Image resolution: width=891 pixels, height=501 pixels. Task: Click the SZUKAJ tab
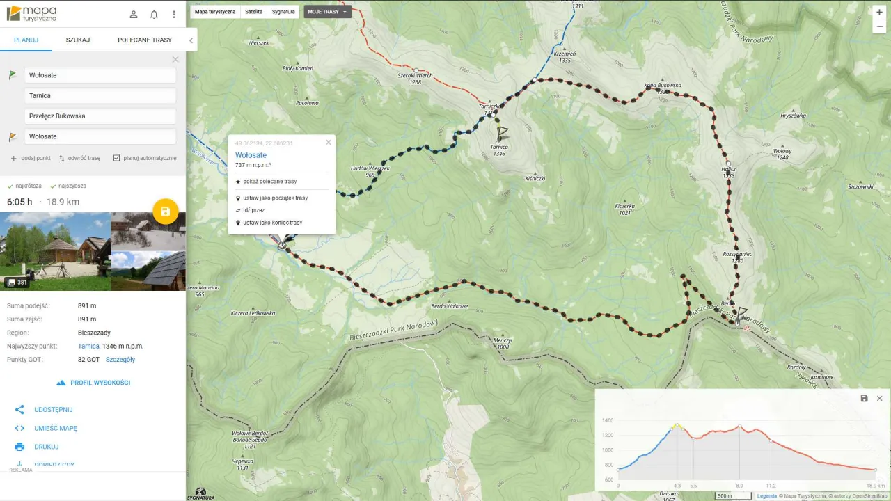78,40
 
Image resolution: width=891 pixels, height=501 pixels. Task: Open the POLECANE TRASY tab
145,40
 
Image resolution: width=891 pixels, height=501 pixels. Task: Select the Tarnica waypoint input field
100,95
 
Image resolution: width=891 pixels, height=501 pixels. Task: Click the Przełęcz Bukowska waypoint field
100,116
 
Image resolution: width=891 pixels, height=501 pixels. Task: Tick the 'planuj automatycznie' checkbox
117,158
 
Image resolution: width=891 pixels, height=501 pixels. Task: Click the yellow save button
166,212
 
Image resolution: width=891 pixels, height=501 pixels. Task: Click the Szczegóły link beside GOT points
120,360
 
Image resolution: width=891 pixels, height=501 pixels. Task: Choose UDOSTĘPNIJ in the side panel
54,410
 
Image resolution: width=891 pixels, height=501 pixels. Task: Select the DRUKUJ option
47,447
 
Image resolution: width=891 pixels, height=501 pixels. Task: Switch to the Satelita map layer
253,12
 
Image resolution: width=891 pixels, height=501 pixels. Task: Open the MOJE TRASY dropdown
327,12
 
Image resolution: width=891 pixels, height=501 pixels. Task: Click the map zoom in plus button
880,12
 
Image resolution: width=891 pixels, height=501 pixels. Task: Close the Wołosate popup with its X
329,142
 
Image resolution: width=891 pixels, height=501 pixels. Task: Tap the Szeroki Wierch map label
415,75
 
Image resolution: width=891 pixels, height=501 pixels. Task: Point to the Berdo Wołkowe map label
449,306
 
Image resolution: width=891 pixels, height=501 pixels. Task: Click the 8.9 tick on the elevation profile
739,486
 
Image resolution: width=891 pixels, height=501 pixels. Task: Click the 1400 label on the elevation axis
607,420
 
